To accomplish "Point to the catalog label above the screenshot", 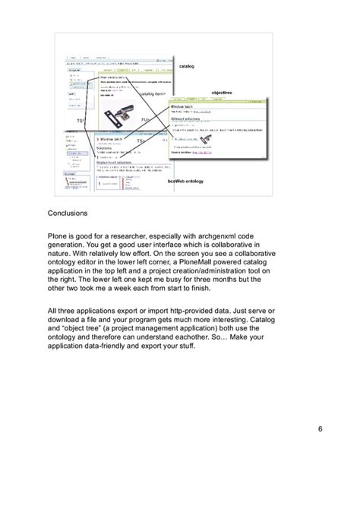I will [187, 67].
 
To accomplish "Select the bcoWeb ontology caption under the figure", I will [186, 182].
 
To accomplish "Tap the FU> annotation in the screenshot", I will [146, 119].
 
